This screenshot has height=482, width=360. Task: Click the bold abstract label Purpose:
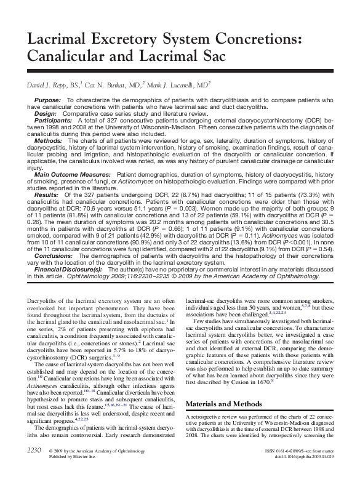coord(48,100)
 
